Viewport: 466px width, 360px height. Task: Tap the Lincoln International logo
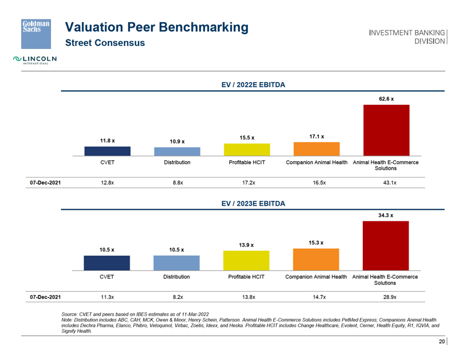[34, 60]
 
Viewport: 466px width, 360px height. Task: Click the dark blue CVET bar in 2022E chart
[107, 151]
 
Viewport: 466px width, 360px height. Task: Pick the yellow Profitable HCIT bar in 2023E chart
[246, 260]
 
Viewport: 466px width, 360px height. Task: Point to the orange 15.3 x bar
[316, 258]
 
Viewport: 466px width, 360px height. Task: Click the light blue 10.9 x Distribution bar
[177, 151]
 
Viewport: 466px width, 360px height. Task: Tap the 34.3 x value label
[386, 215]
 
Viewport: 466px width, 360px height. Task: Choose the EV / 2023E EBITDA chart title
[253, 204]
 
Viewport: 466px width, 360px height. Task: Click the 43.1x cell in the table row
[386, 182]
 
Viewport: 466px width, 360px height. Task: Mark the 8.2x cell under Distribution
[178, 297]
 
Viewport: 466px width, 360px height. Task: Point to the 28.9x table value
[386, 297]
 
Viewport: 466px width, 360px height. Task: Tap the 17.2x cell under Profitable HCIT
[246, 182]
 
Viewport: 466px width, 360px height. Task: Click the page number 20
[442, 342]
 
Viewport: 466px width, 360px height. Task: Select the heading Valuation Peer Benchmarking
[157, 27]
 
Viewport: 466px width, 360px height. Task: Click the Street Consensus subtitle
[105, 43]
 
